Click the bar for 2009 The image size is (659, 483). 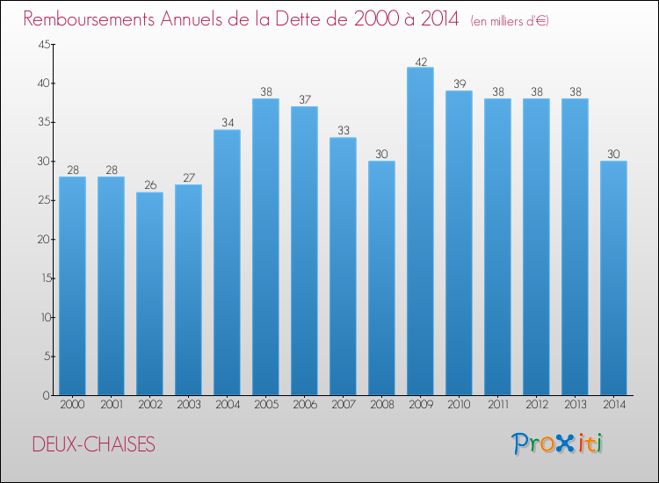[x=420, y=231]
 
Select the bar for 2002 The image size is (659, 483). [x=149, y=293]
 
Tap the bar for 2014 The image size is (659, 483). [x=613, y=278]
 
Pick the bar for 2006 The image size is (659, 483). [x=304, y=251]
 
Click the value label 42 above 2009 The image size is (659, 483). [x=421, y=62]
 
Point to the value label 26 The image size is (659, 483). [x=150, y=184]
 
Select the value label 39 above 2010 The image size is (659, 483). [x=460, y=83]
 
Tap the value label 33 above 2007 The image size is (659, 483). [x=344, y=130]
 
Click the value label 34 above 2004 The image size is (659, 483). [x=228, y=122]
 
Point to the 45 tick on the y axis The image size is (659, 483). [x=44, y=44]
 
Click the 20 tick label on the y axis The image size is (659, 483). [x=44, y=239]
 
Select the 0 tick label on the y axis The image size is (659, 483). [x=47, y=395]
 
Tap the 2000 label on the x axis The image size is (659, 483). [x=72, y=404]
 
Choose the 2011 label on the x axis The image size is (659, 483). [x=497, y=404]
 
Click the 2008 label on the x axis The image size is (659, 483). [x=382, y=404]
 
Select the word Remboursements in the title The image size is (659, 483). [x=89, y=18]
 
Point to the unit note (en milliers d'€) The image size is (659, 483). [x=510, y=21]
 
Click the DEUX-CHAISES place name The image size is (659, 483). [x=94, y=444]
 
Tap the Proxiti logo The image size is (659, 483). [x=557, y=443]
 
